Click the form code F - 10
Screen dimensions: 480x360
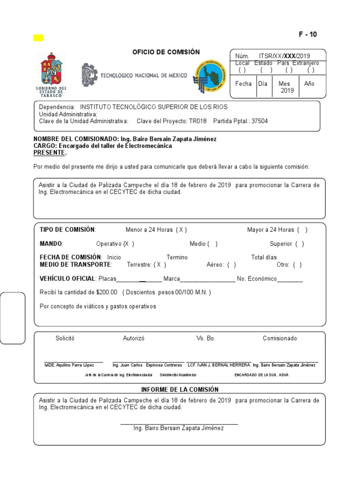tap(307, 35)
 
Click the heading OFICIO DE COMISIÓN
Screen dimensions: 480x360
tap(166, 52)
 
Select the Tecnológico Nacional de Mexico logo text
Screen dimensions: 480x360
tap(143, 75)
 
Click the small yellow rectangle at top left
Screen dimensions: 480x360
tap(38, 38)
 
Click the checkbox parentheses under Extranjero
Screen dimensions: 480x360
tap(310, 70)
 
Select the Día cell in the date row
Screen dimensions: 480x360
tap(262, 83)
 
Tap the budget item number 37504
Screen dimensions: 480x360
tap(260, 121)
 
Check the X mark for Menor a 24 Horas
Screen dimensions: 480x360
tap(181, 230)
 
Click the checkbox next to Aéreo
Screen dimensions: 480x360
tap(231, 264)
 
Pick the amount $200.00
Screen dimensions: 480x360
tap(106, 292)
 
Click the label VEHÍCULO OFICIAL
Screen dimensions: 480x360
tap(67, 279)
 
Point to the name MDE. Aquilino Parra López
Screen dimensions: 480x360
tap(69, 365)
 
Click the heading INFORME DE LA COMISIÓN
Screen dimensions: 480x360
tap(180, 390)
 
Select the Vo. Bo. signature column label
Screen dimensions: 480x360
tap(206, 338)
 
